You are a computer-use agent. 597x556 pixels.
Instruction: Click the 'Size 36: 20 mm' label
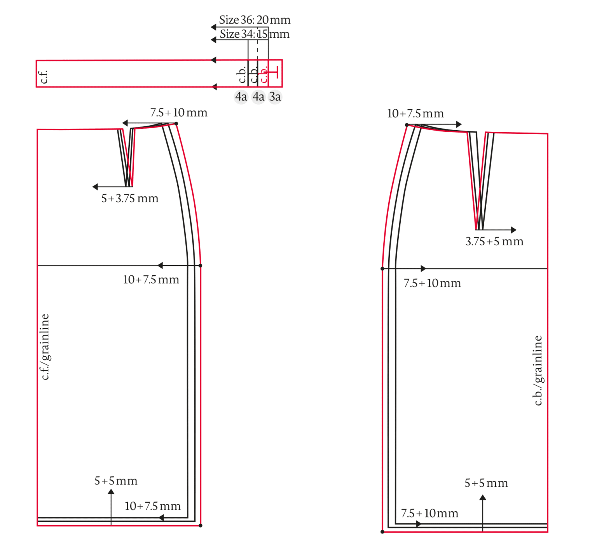pyautogui.click(x=255, y=20)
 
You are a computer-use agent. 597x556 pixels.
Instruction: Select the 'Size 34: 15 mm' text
pyautogui.click(x=255, y=34)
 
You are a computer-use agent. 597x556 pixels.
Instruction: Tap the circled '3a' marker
pyautogui.click(x=275, y=96)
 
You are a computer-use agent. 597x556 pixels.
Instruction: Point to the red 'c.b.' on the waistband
pyautogui.click(x=264, y=74)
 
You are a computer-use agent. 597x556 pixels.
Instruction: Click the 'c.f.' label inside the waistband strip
pyautogui.click(x=44, y=77)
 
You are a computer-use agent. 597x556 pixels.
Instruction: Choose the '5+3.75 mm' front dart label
pyautogui.click(x=130, y=198)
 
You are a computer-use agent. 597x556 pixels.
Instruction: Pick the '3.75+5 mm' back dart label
pyautogui.click(x=494, y=241)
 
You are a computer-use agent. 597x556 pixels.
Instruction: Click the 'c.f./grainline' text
pyautogui.click(x=45, y=347)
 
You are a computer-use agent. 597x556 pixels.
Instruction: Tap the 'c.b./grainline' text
pyautogui.click(x=538, y=370)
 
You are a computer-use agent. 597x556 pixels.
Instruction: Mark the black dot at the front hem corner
pyautogui.click(x=201, y=526)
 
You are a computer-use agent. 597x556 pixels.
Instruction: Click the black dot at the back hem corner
pyautogui.click(x=382, y=532)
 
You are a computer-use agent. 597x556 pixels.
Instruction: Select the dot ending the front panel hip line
pyautogui.click(x=201, y=266)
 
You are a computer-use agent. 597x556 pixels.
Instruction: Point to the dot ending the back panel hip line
pyautogui.click(x=382, y=269)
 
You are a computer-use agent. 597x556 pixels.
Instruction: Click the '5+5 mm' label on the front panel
pyautogui.click(x=116, y=481)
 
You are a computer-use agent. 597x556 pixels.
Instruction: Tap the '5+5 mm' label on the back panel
pyautogui.click(x=486, y=483)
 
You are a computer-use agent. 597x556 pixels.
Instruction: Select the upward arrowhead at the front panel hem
pyautogui.click(x=111, y=492)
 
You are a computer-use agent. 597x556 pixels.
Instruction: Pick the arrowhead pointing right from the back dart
pyautogui.click(x=514, y=230)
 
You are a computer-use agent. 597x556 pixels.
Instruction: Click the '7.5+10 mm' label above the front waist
pyautogui.click(x=179, y=113)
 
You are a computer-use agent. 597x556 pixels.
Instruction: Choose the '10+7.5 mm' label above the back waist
pyautogui.click(x=415, y=114)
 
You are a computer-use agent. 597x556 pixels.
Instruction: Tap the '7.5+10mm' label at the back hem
pyautogui.click(x=429, y=513)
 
